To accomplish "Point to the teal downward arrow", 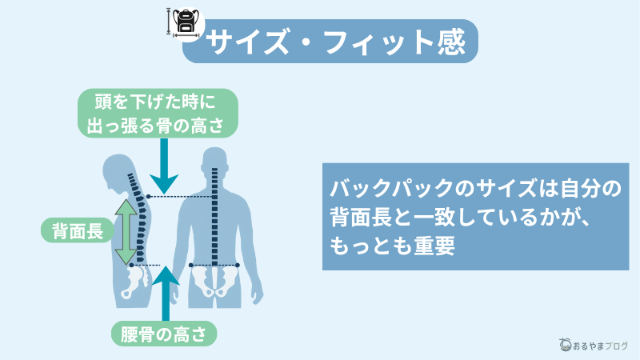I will click(163, 164).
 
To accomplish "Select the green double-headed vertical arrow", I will click(125, 232).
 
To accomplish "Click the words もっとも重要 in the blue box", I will click(392, 245).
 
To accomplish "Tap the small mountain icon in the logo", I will click(566, 344).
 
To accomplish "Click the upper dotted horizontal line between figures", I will click(182, 196).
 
